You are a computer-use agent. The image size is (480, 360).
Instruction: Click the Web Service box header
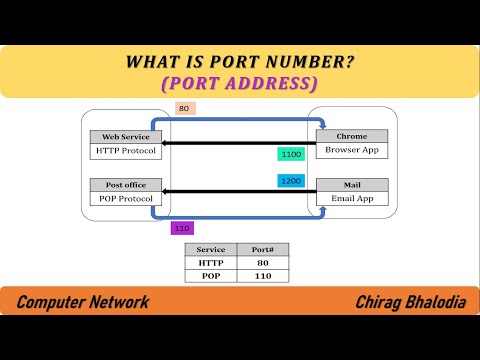(x=125, y=136)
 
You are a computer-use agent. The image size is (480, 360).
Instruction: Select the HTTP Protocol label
(x=125, y=152)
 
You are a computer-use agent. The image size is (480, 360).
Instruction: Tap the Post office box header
(x=125, y=184)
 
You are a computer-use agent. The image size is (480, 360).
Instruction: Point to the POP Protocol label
(x=125, y=199)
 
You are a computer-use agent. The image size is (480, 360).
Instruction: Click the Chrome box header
(x=350, y=136)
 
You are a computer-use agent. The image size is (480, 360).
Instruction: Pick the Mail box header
(x=350, y=184)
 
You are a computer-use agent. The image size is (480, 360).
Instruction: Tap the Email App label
(x=350, y=199)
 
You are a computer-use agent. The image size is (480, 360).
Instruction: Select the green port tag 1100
(x=291, y=155)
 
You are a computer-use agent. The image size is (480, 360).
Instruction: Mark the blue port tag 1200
(x=291, y=182)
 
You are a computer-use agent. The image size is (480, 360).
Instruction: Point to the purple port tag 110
(x=182, y=228)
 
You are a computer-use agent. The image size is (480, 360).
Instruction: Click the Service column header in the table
(x=211, y=250)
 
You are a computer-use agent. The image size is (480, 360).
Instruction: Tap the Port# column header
(x=262, y=250)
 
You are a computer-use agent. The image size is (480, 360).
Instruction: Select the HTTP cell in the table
(x=211, y=263)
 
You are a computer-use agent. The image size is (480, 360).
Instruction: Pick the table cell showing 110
(x=262, y=276)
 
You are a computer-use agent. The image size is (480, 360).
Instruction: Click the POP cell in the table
(x=211, y=276)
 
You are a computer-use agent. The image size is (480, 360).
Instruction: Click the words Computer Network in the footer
(x=83, y=302)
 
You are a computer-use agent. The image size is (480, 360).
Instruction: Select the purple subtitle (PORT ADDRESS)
(x=239, y=84)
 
